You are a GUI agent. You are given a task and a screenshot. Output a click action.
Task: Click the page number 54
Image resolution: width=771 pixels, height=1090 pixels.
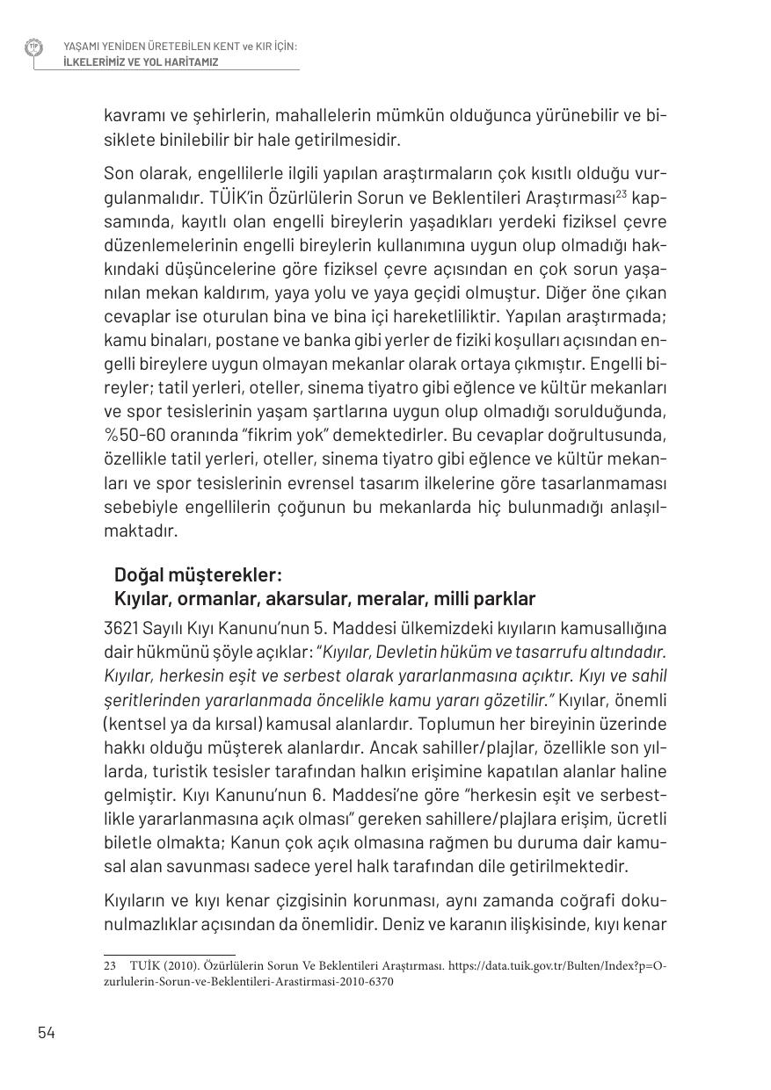[47, 1032]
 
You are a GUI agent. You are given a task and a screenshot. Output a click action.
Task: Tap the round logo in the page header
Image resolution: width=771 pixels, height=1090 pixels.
[34, 47]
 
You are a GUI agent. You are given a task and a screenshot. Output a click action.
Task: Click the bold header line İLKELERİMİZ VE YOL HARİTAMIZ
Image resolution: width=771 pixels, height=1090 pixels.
[141, 62]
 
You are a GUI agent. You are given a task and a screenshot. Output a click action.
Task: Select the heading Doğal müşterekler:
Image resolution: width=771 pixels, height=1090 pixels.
[198, 574]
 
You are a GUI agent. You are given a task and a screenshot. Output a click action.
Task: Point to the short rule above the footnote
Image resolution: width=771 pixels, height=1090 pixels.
[169, 953]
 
